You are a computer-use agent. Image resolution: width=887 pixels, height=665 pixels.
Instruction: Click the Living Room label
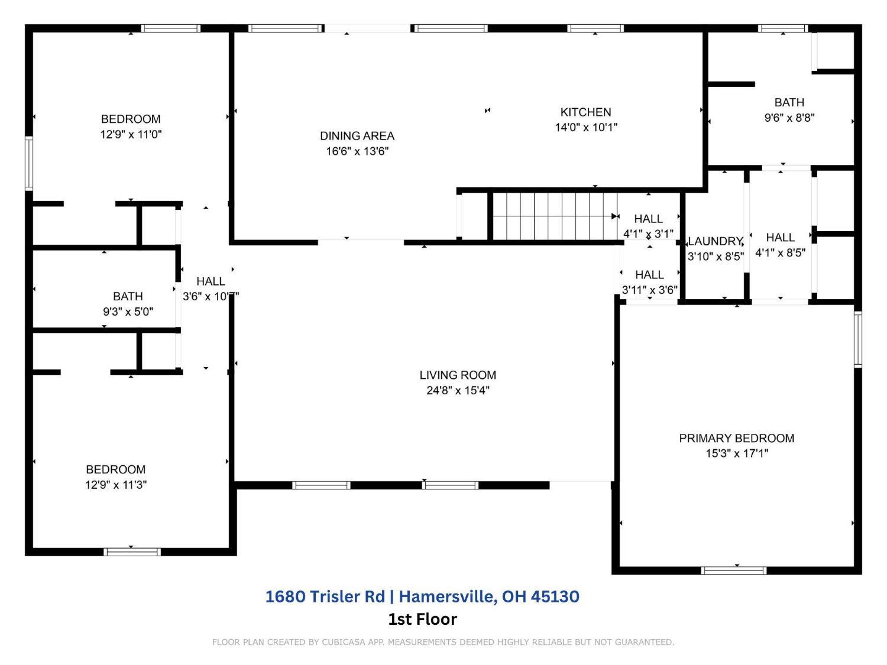pyautogui.click(x=458, y=375)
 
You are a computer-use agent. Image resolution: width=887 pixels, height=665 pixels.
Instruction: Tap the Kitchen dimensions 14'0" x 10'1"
pyautogui.click(x=586, y=127)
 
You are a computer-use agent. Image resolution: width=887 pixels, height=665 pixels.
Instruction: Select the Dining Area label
pyautogui.click(x=357, y=136)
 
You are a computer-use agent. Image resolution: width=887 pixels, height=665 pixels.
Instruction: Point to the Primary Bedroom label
pyautogui.click(x=736, y=438)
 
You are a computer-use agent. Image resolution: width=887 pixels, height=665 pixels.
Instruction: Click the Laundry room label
pyautogui.click(x=715, y=241)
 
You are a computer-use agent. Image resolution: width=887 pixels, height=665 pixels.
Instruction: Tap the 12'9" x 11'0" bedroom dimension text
pyautogui.click(x=131, y=134)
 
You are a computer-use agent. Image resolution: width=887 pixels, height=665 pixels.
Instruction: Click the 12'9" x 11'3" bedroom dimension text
pyautogui.click(x=116, y=485)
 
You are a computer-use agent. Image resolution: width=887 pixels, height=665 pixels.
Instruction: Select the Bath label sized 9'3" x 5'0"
pyautogui.click(x=128, y=296)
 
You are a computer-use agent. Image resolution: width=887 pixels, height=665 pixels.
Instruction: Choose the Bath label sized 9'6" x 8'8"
pyautogui.click(x=789, y=102)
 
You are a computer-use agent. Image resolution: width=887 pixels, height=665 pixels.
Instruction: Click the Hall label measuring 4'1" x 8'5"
pyautogui.click(x=780, y=238)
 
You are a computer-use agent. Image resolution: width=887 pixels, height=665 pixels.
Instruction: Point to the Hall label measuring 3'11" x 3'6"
pyautogui.click(x=649, y=275)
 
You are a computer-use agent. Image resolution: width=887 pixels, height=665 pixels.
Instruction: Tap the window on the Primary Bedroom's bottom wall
pyautogui.click(x=733, y=570)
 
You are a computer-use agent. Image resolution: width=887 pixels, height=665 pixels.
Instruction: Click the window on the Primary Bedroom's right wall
pyautogui.click(x=858, y=339)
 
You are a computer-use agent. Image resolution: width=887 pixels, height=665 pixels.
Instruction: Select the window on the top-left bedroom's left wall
pyautogui.click(x=28, y=164)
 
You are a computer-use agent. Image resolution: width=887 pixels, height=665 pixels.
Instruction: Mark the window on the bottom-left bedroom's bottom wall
pyautogui.click(x=132, y=552)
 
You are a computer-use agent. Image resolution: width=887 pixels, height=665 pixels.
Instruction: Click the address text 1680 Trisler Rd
pyautogui.click(x=325, y=596)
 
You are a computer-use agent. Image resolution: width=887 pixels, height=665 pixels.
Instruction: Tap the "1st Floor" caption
pyautogui.click(x=422, y=619)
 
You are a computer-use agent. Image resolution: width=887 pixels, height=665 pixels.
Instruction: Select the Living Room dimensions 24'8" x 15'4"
pyautogui.click(x=458, y=390)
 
